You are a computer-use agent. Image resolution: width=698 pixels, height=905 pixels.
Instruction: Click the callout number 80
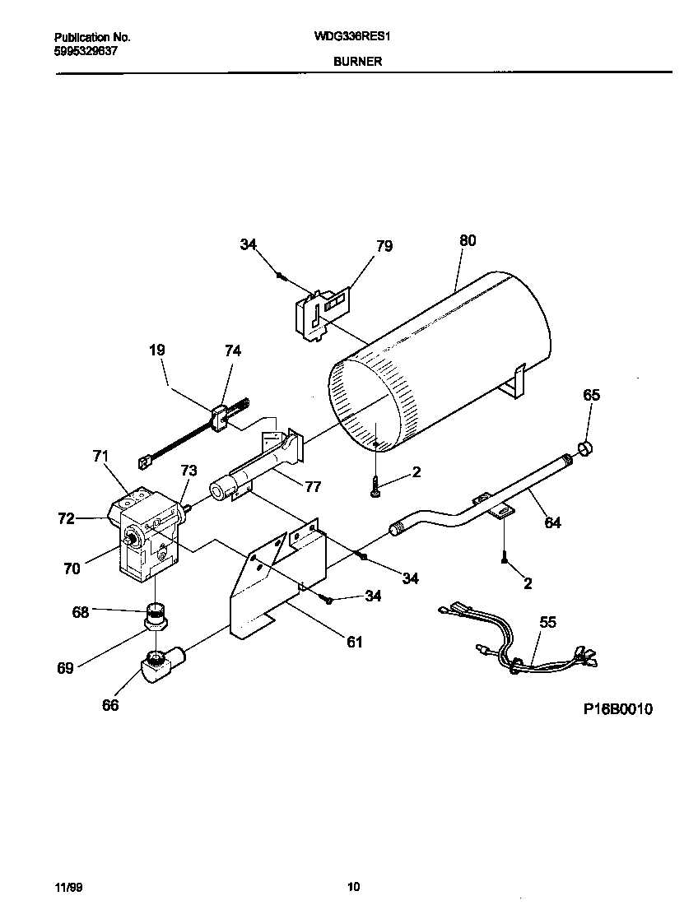click(x=467, y=241)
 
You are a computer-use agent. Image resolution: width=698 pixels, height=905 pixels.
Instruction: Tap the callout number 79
click(x=384, y=246)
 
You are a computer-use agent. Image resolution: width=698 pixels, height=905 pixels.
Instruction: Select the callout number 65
click(x=592, y=395)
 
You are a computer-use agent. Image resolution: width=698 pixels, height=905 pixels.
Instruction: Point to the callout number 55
click(x=547, y=623)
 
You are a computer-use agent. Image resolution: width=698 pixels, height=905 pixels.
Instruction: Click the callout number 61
click(x=354, y=642)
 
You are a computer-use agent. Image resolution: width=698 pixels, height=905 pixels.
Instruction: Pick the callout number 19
click(x=156, y=350)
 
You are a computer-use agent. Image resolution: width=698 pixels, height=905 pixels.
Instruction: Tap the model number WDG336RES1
click(x=357, y=38)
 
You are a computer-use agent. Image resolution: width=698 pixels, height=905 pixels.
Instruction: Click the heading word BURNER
click(x=357, y=62)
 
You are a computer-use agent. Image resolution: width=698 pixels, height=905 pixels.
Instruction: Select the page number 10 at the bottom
click(x=353, y=887)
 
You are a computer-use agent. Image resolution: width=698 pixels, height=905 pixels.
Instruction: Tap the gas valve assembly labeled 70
click(x=148, y=535)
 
